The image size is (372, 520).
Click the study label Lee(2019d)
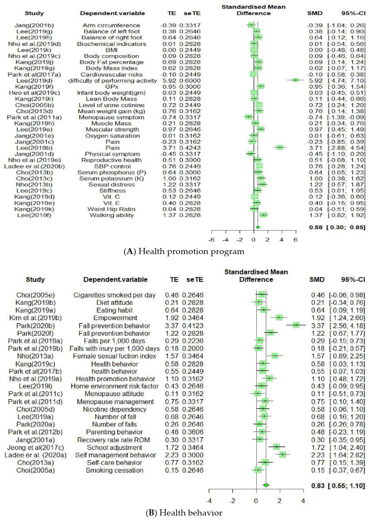tap(34, 80)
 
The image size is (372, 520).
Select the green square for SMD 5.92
tap(295, 80)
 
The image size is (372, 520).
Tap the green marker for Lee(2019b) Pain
tap(280, 147)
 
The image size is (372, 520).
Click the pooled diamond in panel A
tap(258, 227)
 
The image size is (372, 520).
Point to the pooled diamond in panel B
tap(266, 485)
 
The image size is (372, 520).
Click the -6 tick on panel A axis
tap(211, 240)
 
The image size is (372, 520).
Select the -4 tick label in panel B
tap(209, 501)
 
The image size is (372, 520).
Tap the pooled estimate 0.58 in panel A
tap(316, 227)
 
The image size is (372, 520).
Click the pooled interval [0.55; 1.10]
tap(347, 486)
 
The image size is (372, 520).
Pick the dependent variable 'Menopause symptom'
tap(111, 117)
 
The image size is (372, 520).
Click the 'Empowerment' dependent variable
tap(114, 318)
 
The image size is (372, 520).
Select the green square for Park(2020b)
tap(296, 325)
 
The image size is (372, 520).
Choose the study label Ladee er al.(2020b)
tap(34, 166)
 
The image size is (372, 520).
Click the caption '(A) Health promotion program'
tap(184, 251)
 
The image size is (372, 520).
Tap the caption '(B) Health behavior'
tap(184, 513)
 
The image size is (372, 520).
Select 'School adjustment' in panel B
tap(114, 447)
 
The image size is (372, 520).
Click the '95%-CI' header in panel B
tap(353, 279)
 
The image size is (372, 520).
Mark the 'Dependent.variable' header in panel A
tap(112, 14)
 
